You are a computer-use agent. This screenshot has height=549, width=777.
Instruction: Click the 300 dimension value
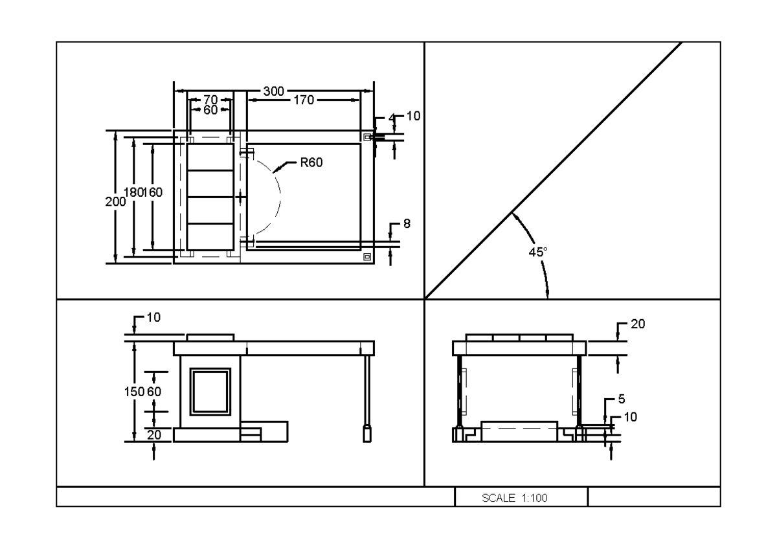click(x=274, y=92)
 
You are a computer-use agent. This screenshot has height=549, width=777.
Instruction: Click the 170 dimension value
click(x=304, y=100)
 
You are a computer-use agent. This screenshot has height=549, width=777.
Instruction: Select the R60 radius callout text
click(x=311, y=162)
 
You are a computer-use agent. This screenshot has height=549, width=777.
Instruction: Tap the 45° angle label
click(x=537, y=252)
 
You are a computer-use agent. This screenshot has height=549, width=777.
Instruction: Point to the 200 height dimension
click(x=113, y=201)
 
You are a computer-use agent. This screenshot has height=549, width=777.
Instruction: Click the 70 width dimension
click(x=210, y=100)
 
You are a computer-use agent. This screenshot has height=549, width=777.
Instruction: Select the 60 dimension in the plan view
click(x=210, y=110)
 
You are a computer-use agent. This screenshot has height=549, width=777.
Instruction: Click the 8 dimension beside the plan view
click(x=407, y=223)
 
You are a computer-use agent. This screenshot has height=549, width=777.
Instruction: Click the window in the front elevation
click(x=210, y=392)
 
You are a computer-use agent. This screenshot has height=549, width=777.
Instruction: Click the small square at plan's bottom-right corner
click(x=368, y=256)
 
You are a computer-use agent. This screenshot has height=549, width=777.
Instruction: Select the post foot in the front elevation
click(x=367, y=432)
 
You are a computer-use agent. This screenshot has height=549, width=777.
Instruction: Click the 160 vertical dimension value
click(x=155, y=192)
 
